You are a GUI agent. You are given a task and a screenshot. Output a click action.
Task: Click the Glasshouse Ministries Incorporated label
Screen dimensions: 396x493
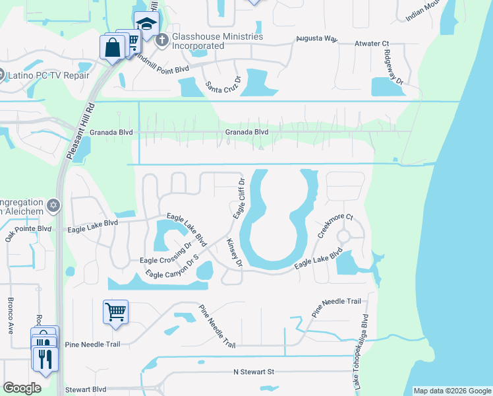click(217, 41)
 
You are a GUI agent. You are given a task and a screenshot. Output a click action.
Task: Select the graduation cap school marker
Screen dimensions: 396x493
click(146, 24)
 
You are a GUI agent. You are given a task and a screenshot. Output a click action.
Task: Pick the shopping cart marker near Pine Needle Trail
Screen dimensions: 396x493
click(115, 311)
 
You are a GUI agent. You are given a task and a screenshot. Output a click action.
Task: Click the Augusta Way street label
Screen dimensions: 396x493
click(316, 40)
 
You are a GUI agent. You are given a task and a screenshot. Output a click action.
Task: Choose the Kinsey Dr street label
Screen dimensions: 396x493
click(235, 253)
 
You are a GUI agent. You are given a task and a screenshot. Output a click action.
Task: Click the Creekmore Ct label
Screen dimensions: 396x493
click(335, 226)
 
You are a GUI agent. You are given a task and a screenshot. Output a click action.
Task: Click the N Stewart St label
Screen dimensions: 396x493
click(253, 372)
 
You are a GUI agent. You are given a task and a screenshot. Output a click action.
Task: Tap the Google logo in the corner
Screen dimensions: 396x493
click(22, 388)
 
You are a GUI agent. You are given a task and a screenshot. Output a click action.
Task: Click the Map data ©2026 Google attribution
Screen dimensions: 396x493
click(451, 391)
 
